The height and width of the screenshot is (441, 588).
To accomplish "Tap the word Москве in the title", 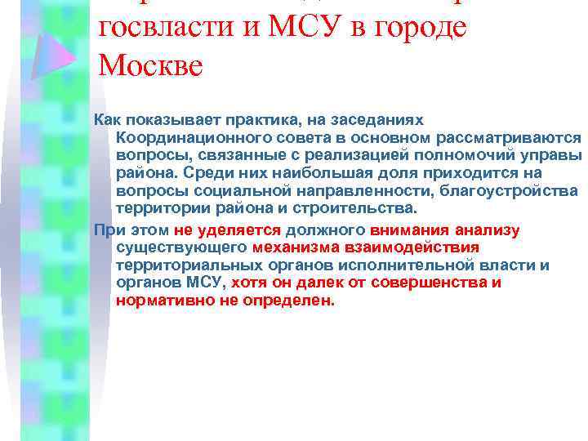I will pyautogui.click(x=149, y=65).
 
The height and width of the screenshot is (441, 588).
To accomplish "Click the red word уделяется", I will pyautogui.click(x=245, y=229).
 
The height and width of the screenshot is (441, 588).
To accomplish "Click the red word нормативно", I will pyautogui.click(x=161, y=301).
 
